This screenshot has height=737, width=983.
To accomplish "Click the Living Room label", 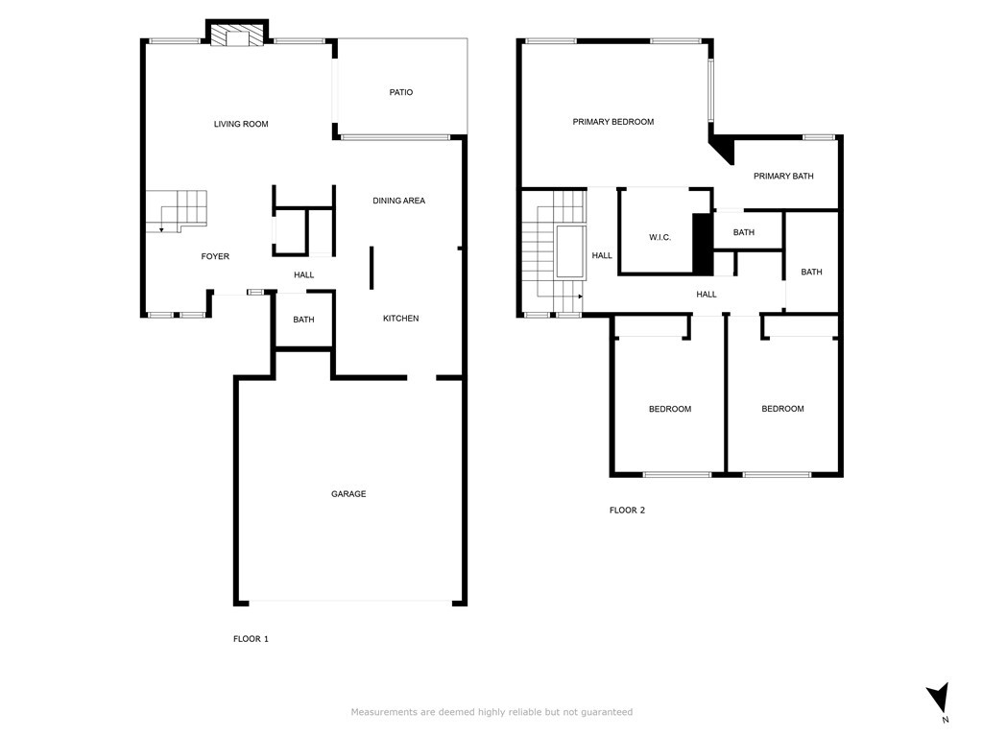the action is [241, 124].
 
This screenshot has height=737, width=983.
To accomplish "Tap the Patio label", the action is [401, 92].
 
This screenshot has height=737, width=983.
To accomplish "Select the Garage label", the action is [348, 494].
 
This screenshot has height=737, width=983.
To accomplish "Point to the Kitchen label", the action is [400, 319].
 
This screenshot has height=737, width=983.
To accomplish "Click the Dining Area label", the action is [398, 201].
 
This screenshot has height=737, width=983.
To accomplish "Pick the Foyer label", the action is [215, 256].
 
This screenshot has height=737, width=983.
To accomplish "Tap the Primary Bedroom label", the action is [613, 122].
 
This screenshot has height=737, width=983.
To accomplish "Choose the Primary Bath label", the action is [783, 177].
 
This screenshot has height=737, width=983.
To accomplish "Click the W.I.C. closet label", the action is [660, 238].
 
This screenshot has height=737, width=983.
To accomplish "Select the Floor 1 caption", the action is [251, 639].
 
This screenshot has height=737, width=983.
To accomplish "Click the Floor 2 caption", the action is [627, 511].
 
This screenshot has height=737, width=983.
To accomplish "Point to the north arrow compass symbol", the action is [939, 700].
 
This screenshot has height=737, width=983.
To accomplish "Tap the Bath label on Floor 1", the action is [303, 320].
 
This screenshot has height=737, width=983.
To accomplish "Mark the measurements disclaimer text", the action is [491, 712].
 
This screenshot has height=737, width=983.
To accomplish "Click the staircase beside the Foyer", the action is [177, 210].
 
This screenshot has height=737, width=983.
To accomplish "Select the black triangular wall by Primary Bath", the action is [723, 149].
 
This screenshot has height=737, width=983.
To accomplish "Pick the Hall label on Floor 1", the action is [304, 274].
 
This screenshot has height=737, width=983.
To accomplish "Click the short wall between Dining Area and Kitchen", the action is [372, 268].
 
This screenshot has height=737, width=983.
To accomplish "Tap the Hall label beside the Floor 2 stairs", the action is [602, 255].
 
